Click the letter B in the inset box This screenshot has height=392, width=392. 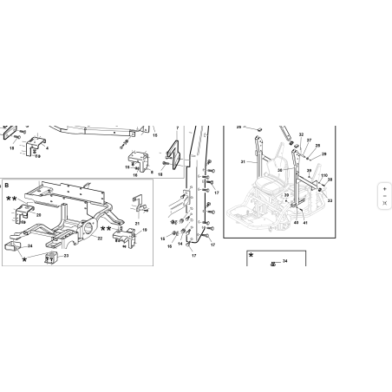(6, 186)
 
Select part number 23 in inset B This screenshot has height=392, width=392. (66, 256)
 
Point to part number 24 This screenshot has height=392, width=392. (29, 246)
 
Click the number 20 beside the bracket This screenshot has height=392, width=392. (38, 213)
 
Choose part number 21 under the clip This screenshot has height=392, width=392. (137, 224)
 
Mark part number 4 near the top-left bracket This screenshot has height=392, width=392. (47, 148)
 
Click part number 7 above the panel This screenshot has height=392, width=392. (177, 128)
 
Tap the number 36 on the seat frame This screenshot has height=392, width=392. (280, 170)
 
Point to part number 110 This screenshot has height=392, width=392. (323, 177)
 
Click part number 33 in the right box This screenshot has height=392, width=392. (330, 200)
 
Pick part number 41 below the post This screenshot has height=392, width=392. (305, 223)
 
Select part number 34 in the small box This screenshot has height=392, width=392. (284, 260)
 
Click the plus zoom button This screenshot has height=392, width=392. (384, 186)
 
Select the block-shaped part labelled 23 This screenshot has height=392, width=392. (50, 258)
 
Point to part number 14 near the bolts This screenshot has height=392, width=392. (180, 244)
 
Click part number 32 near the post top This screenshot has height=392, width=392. (301, 134)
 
